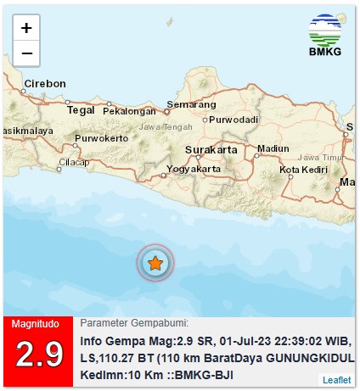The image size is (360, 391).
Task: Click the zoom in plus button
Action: [x=26, y=28]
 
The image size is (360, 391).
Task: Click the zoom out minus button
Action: [x=26, y=53]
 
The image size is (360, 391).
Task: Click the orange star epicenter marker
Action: [x=155, y=265]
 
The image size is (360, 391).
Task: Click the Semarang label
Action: [x=188, y=104]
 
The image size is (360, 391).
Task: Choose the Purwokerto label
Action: [x=101, y=137]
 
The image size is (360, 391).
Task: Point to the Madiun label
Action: [x=273, y=148]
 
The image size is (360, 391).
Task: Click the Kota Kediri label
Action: [x=304, y=170]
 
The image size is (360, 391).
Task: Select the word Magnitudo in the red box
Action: [x=37, y=323]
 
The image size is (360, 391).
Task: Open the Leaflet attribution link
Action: [x=335, y=379]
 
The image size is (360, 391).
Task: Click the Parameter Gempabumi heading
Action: [x=134, y=323]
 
